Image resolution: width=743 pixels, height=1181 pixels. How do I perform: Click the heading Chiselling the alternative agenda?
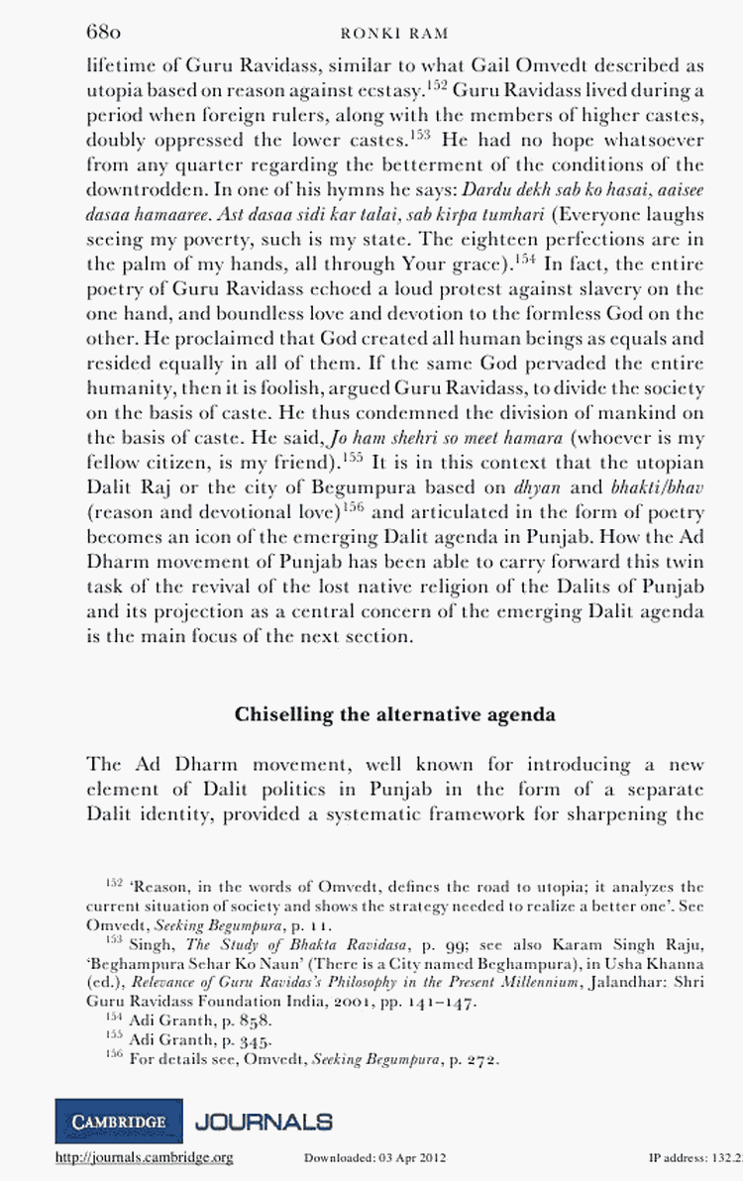tap(394, 714)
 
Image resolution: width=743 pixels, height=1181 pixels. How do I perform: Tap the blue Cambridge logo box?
tap(119, 1122)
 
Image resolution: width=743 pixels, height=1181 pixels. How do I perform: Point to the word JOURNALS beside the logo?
tap(264, 1122)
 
